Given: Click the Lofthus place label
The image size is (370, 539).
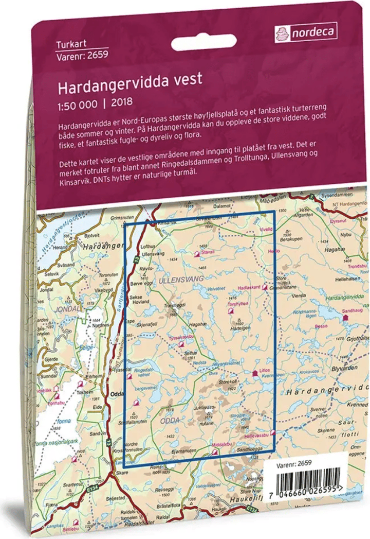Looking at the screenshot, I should (145, 247).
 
